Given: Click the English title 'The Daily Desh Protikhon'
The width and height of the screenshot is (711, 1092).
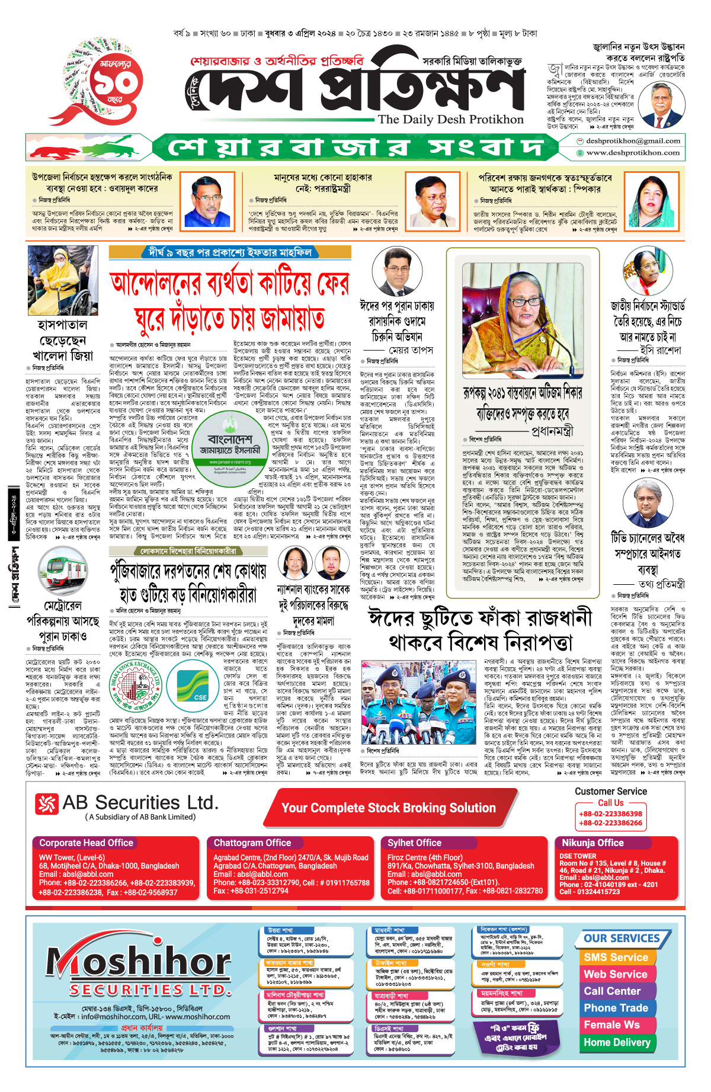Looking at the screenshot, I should (451, 119).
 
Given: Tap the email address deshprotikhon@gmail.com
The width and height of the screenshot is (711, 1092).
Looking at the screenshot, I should (633, 141).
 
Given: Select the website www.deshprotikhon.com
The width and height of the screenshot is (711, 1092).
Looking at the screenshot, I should (633, 153).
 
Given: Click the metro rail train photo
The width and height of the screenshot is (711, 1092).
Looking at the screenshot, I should (63, 571).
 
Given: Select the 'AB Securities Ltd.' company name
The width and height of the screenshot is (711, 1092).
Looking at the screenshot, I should (140, 803).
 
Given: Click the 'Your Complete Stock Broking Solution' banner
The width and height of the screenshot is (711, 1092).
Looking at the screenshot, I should (389, 808).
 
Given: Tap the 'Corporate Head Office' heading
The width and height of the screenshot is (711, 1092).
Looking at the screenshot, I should (86, 843).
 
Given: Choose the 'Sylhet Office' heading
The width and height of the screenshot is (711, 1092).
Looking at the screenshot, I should (414, 843).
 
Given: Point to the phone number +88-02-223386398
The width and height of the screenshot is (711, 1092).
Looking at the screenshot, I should (610, 814).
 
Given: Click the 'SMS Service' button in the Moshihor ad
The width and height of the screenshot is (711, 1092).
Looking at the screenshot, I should (616, 957).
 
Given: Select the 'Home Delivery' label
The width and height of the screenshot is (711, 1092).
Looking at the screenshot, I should (617, 1042).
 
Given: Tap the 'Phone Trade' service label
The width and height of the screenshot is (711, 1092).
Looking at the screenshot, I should (616, 1008).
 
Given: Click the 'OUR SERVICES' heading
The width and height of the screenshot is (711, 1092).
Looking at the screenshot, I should (622, 939).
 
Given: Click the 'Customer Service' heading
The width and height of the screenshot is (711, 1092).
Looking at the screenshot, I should (610, 792).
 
